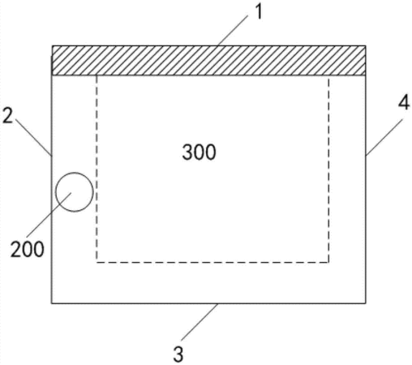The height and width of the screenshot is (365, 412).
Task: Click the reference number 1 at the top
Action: coord(259,12)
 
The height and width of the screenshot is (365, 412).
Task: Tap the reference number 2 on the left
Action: coord(7,116)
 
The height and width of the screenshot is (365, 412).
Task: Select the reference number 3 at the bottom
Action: coord(178,354)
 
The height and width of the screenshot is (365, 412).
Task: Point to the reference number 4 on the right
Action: coord(404,102)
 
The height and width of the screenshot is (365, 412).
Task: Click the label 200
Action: coord(28,249)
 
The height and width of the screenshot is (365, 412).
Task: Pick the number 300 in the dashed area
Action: coord(200,152)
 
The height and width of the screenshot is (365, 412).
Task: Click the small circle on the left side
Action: coord(75,192)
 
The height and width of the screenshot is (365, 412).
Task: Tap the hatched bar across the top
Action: coord(208,61)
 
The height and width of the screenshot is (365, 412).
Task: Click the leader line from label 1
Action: coord(233,30)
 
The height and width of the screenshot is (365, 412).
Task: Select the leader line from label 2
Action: coord(33,137)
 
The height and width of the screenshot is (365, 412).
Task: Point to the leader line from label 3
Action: coord(200,322)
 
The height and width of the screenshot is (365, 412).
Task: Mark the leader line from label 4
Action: coord(384,137)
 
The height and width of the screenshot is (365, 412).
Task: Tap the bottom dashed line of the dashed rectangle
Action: coord(212,262)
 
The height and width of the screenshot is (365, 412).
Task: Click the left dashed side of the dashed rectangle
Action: coord(97,169)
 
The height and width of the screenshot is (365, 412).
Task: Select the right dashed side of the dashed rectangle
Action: coord(328,169)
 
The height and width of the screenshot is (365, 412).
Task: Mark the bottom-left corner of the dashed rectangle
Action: coord(97,262)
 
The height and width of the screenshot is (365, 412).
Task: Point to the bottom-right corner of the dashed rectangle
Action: coord(328,262)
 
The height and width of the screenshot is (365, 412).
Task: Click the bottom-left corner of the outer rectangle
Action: coord(52,303)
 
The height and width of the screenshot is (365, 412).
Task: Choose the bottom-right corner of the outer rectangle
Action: coord(366,303)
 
